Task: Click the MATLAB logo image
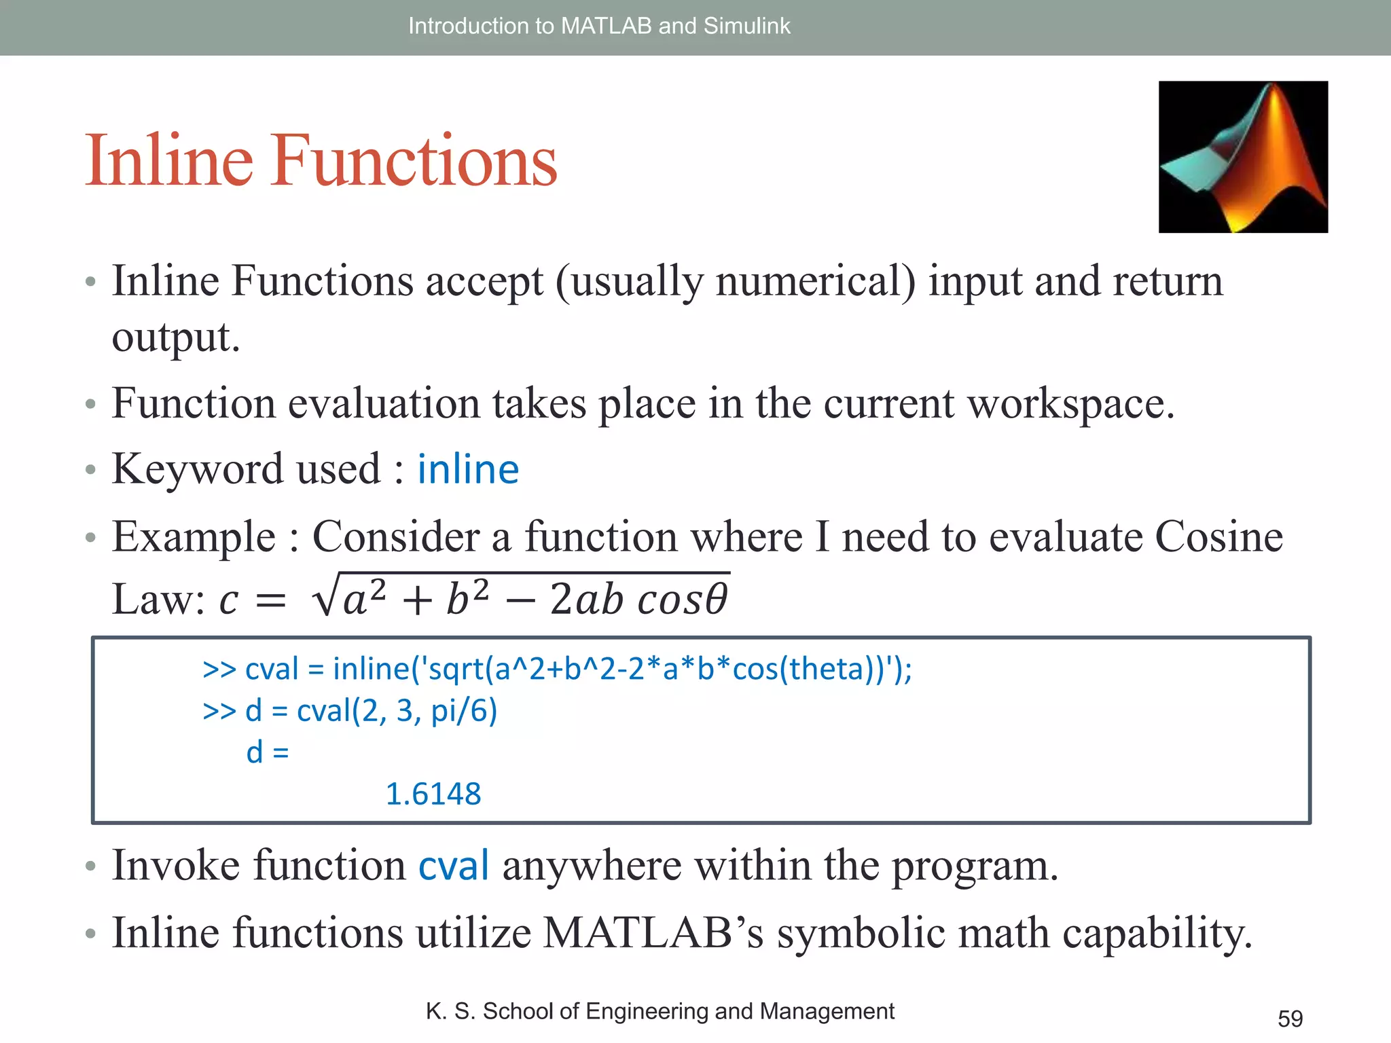click(x=1243, y=157)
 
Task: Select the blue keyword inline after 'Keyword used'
click(x=468, y=469)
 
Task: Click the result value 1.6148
click(x=433, y=794)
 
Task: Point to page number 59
click(x=1290, y=1019)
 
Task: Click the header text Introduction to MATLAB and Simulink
click(x=599, y=26)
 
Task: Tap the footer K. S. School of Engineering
click(x=660, y=1011)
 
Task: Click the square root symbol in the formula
click(x=324, y=596)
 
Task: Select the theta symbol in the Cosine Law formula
click(x=716, y=600)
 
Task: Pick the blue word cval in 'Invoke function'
click(x=453, y=866)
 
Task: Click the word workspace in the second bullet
click(x=1070, y=404)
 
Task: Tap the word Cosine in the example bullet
click(x=1218, y=537)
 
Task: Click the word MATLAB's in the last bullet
click(x=653, y=932)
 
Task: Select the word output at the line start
click(x=175, y=337)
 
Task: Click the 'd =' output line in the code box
click(x=268, y=752)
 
